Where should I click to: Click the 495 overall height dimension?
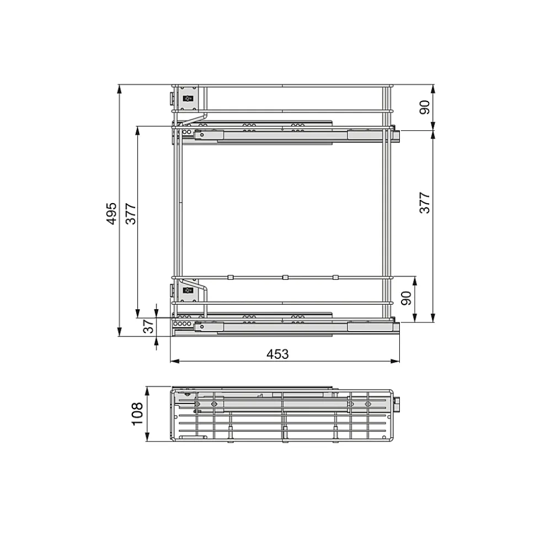tap(111, 213)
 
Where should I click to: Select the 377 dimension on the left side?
tap(131, 213)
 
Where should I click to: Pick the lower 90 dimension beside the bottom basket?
tap(406, 298)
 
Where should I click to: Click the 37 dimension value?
tap(148, 327)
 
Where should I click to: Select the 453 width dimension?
tap(277, 354)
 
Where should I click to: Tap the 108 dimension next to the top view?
tap(137, 413)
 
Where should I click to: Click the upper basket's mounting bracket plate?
tap(188, 98)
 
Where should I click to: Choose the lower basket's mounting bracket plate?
tap(188, 289)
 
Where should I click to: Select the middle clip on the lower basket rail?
tap(285, 277)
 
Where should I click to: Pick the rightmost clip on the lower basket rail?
tap(335, 277)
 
